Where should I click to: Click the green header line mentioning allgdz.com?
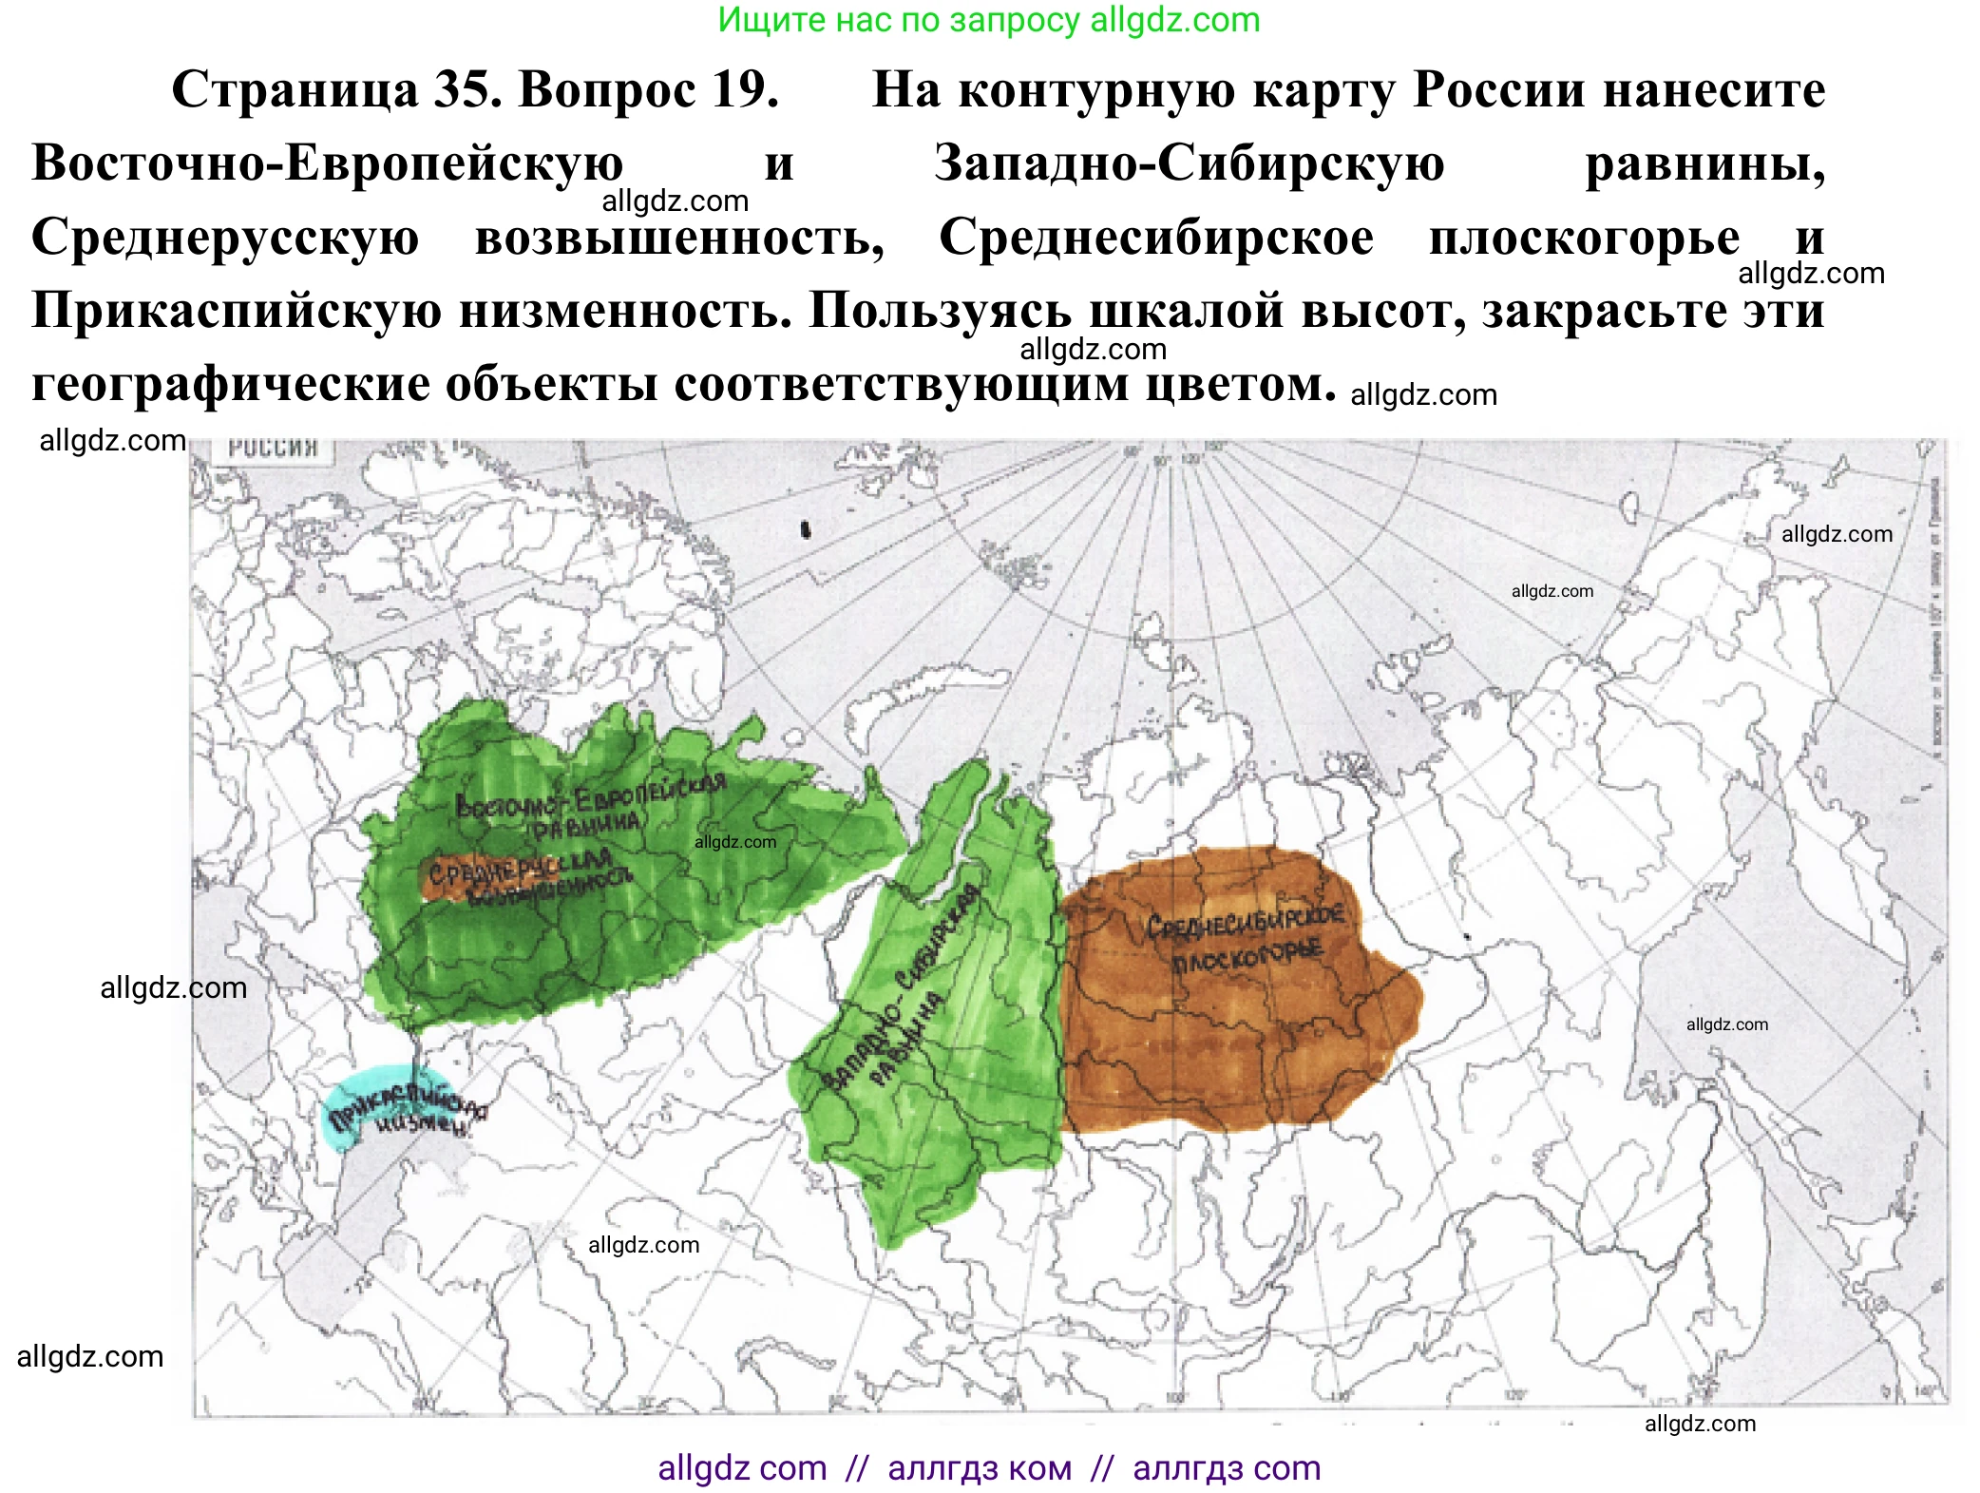[x=988, y=20]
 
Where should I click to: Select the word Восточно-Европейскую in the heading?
[x=327, y=163]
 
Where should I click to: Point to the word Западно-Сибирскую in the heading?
[x=1189, y=163]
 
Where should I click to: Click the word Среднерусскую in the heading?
[x=225, y=238]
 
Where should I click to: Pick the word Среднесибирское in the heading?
[x=1155, y=238]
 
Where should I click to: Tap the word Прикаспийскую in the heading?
[x=237, y=311]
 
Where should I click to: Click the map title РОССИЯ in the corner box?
[x=273, y=448]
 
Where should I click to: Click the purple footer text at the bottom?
[x=988, y=1468]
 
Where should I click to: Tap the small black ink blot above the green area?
[x=806, y=530]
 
